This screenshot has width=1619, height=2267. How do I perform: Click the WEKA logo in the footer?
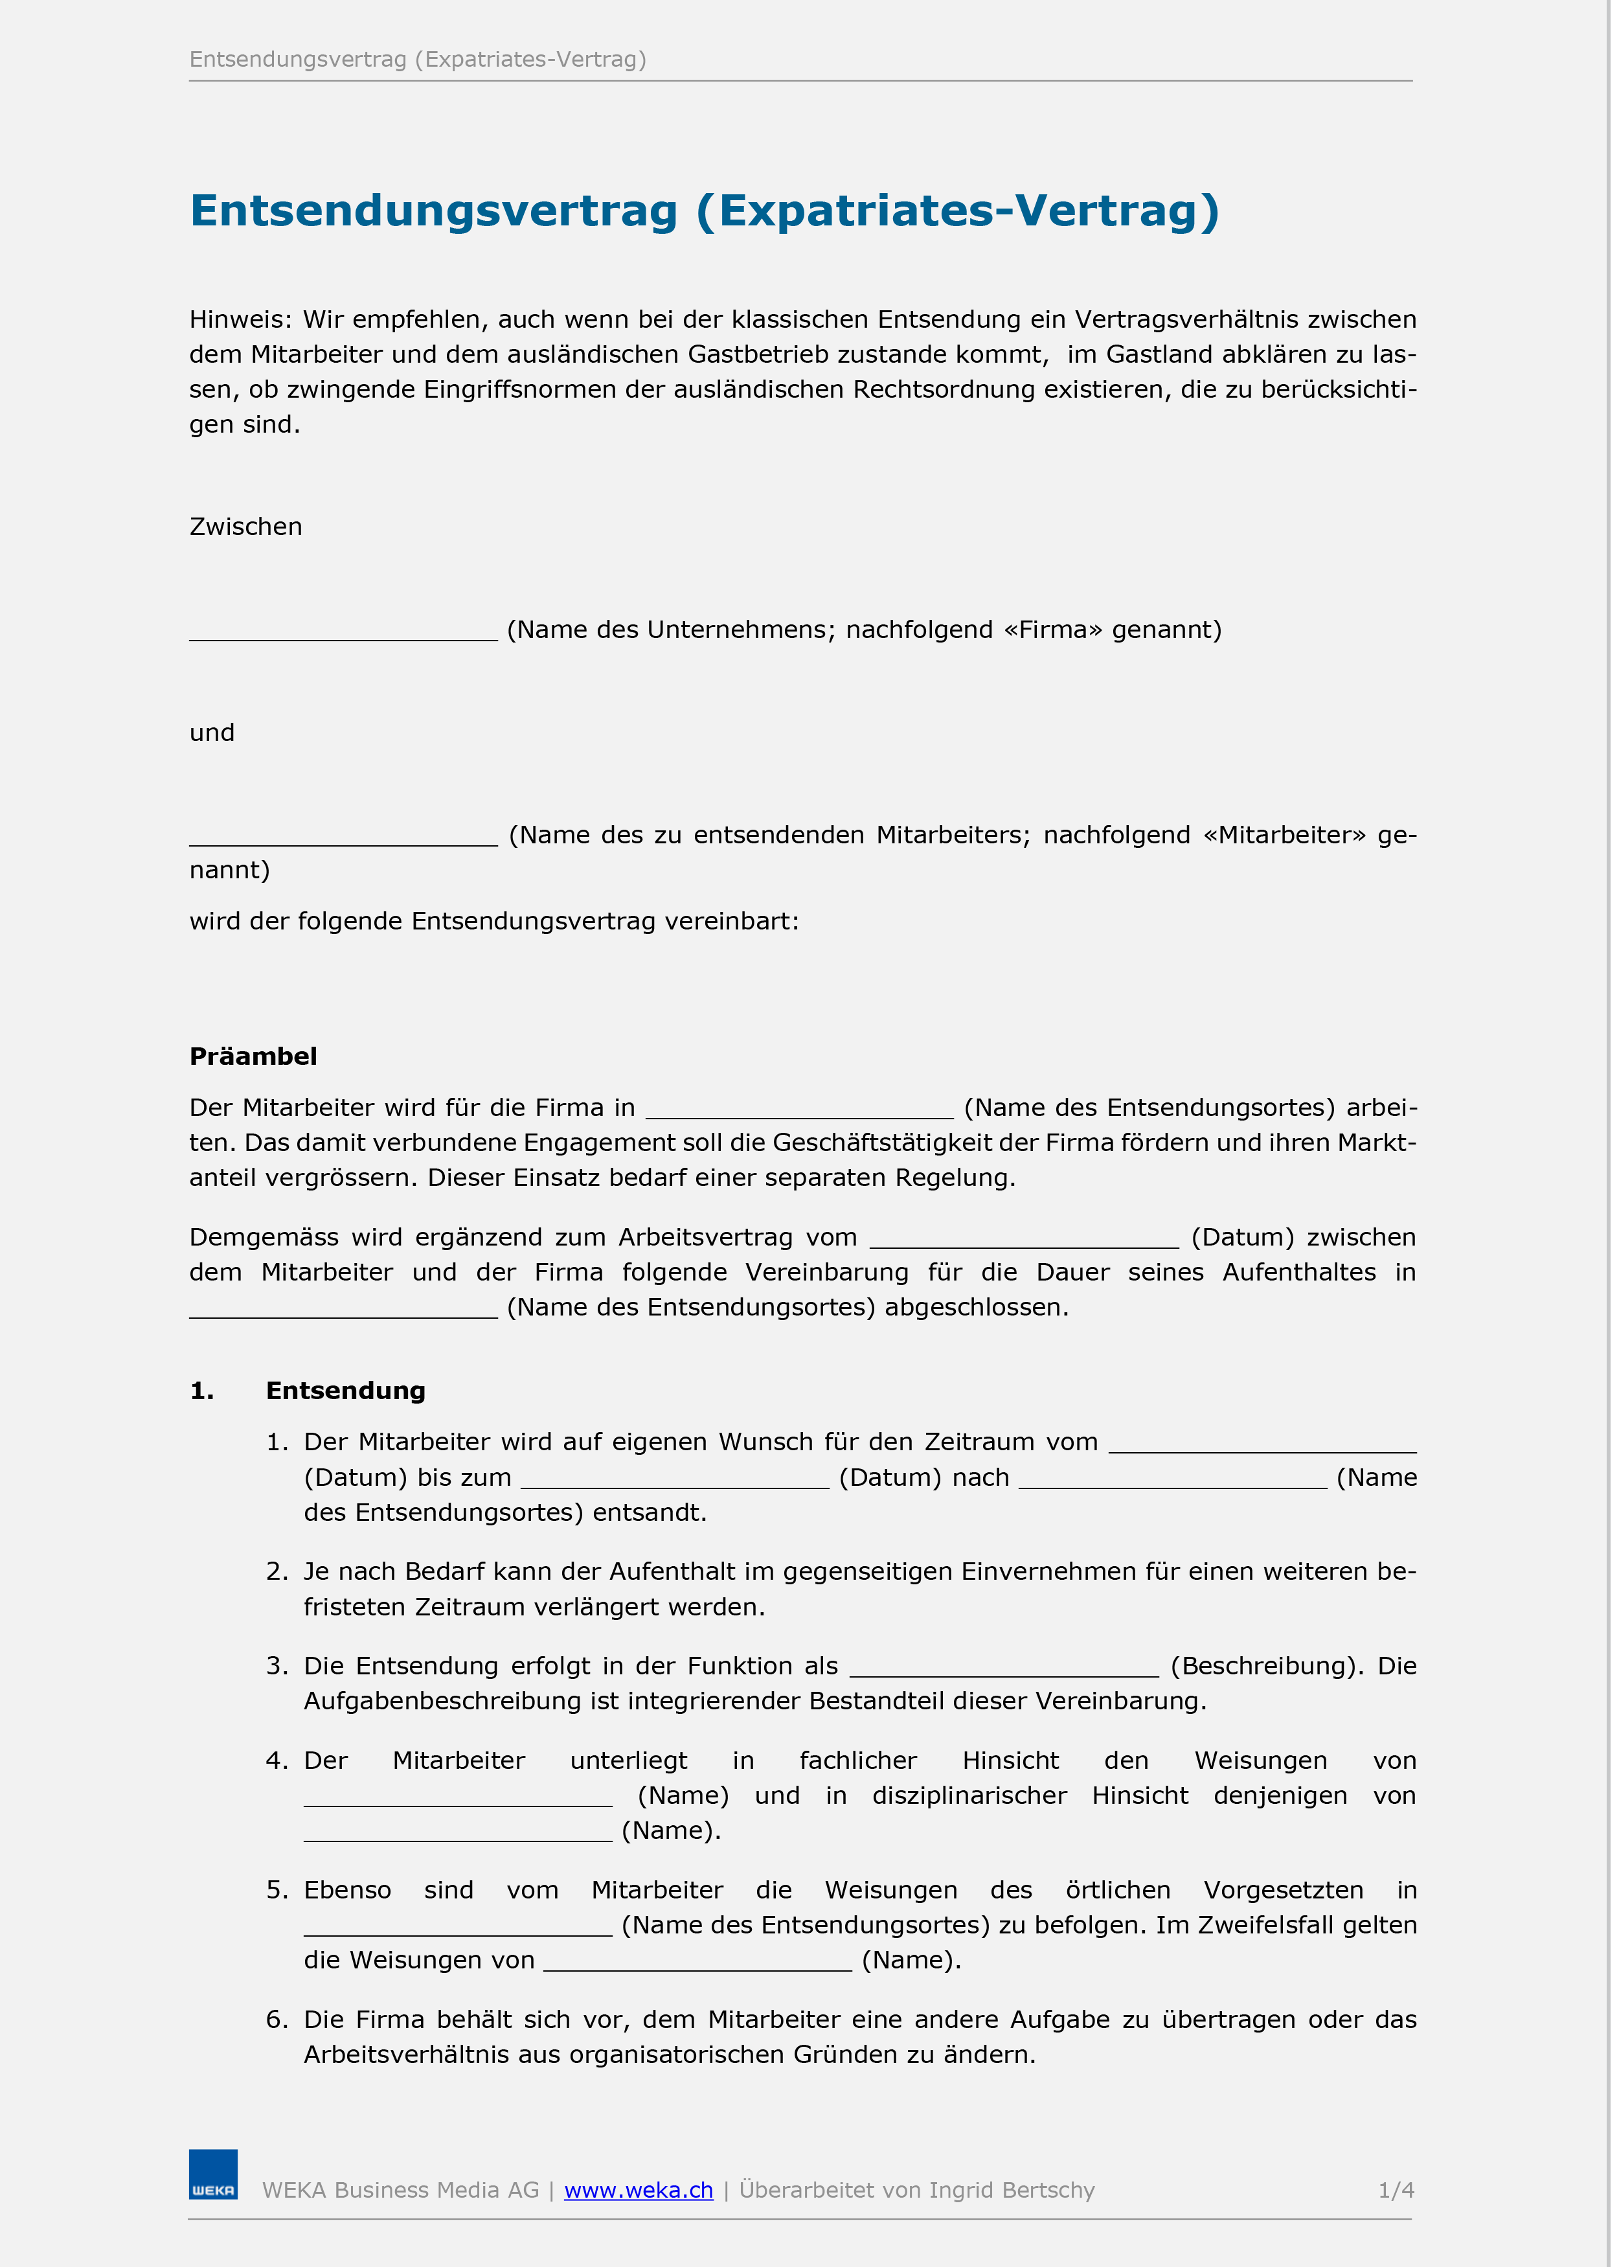213,2174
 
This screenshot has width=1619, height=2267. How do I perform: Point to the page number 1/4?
1396,2190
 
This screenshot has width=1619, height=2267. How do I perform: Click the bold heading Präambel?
253,1056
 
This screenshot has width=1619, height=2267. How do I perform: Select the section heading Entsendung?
345,1391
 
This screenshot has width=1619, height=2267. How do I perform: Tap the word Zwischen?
245,527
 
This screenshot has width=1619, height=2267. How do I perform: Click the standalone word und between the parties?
211,733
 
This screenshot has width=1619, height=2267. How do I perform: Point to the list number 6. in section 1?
276,2020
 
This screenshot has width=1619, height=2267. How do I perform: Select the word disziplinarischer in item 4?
969,1795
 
